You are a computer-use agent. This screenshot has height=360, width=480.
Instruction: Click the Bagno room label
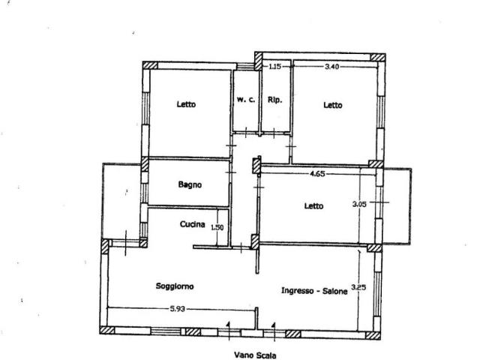click(x=190, y=184)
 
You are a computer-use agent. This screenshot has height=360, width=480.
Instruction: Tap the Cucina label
click(x=193, y=224)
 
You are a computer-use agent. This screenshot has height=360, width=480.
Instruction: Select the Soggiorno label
click(x=175, y=286)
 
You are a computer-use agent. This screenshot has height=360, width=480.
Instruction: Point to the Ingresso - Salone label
click(x=314, y=290)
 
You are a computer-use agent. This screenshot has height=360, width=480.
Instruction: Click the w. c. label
click(x=246, y=100)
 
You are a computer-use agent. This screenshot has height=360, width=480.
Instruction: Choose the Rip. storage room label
click(x=274, y=100)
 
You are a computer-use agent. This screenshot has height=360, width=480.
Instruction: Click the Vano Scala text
click(x=255, y=355)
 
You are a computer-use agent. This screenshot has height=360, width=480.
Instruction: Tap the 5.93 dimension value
click(x=178, y=309)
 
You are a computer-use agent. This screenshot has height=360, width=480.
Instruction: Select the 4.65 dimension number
click(x=317, y=174)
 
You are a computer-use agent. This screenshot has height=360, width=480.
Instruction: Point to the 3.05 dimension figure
click(x=359, y=204)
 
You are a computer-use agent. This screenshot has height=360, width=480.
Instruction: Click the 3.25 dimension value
click(x=358, y=287)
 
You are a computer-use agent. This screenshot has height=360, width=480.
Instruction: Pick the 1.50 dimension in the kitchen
click(x=217, y=227)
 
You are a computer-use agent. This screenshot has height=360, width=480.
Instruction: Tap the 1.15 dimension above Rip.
click(x=274, y=66)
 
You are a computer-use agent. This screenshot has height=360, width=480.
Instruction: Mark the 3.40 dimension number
click(x=331, y=67)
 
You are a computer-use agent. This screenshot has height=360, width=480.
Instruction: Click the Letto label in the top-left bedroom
click(x=186, y=104)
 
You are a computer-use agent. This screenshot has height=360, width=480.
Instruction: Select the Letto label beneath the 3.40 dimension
click(x=333, y=105)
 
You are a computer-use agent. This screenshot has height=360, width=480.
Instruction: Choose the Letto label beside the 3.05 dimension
click(x=313, y=206)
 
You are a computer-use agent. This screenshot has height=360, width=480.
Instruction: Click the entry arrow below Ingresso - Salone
click(x=274, y=331)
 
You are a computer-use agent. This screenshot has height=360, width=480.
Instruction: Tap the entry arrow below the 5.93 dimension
click(x=228, y=331)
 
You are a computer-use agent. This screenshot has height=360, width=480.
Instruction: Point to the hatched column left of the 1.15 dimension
click(x=259, y=61)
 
